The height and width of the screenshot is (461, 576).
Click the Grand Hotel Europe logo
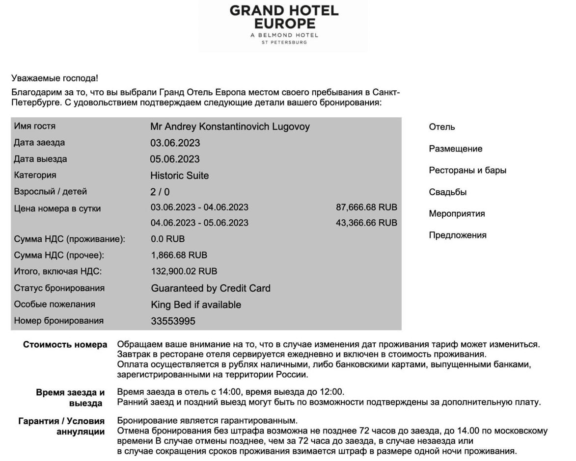tap(283, 25)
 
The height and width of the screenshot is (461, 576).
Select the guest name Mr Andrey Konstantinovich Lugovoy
tap(230, 127)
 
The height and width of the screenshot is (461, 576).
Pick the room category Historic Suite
tap(179, 176)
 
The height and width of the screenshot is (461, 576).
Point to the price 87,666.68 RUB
tap(366, 207)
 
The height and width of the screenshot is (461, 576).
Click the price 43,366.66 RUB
tap(366, 223)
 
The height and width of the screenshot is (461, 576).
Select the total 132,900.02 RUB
tap(184, 271)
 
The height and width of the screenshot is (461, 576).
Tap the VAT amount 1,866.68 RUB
tap(179, 255)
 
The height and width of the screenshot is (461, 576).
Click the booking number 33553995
tap(173, 321)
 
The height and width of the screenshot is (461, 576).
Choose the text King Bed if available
tap(196, 305)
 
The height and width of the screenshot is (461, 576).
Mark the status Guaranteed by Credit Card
tap(211, 288)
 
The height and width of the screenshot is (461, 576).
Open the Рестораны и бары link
tap(467, 171)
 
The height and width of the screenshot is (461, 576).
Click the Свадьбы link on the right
tap(447, 192)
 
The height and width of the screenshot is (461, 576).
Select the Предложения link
tap(458, 235)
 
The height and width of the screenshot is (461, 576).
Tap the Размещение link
tap(456, 149)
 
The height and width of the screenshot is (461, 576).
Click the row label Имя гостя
tap(35, 127)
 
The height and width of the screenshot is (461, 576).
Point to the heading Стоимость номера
tap(65, 345)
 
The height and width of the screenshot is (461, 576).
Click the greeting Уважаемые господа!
tap(55, 78)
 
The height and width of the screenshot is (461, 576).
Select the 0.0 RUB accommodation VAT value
tap(167, 239)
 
